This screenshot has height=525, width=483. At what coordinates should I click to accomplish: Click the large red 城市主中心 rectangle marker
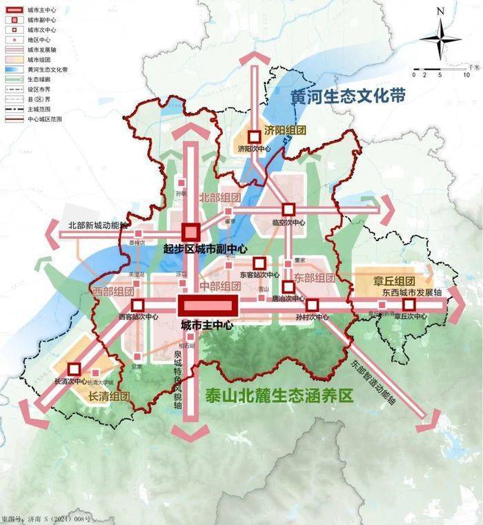pyautogui.click(x=208, y=305)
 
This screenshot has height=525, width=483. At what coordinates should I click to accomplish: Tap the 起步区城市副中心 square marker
pyautogui.click(x=190, y=232)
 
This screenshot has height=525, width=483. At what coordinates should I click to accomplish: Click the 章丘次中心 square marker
pyautogui.click(x=409, y=303)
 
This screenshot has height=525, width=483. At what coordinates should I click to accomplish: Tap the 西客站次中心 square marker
pyautogui.click(x=138, y=305)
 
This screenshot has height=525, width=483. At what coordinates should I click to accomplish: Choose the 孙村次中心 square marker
pyautogui.click(x=312, y=305)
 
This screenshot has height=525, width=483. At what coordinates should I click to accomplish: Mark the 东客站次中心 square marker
pyautogui.click(x=259, y=262)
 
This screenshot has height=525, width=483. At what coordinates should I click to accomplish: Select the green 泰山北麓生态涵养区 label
pyautogui.click(x=279, y=395)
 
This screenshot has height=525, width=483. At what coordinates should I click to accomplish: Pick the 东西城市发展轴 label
pyautogui.click(x=411, y=292)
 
